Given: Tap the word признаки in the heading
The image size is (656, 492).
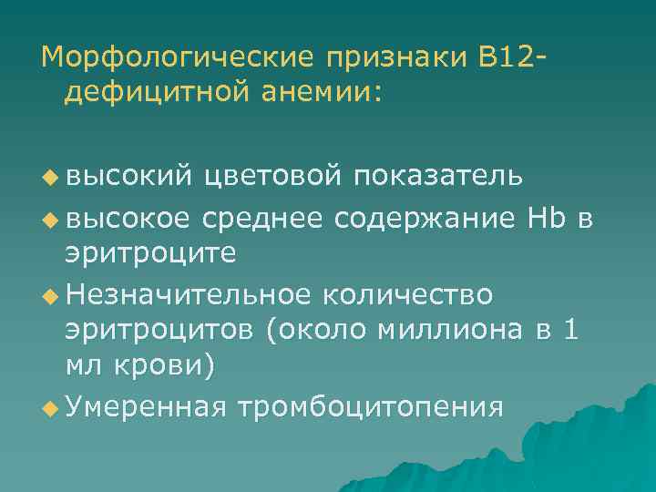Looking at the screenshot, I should [x=390, y=60].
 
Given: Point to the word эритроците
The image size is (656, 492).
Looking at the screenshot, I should [x=150, y=252].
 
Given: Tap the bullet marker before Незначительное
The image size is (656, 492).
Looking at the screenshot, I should [x=48, y=293].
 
